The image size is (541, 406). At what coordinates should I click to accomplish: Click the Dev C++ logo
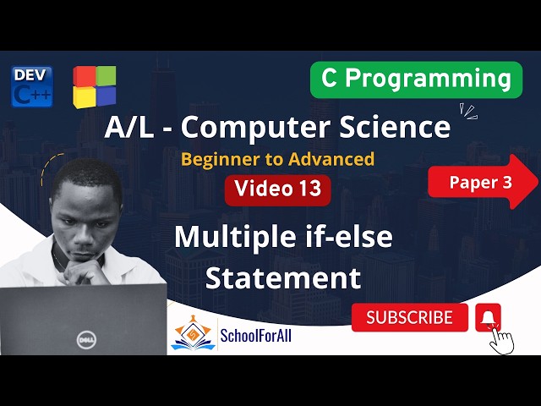click(x=32, y=86)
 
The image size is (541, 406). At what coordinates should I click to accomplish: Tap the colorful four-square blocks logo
click(x=94, y=86)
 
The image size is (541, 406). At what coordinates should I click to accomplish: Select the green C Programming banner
click(x=416, y=79)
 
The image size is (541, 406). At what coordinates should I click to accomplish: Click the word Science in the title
click(x=397, y=127)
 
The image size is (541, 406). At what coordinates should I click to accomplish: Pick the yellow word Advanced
click(x=334, y=158)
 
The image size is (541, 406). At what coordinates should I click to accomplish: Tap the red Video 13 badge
click(x=277, y=189)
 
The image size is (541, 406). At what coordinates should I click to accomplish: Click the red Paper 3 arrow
click(x=483, y=182)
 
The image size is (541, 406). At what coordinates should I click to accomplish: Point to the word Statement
click(x=283, y=277)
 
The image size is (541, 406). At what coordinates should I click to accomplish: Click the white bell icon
click(x=488, y=316)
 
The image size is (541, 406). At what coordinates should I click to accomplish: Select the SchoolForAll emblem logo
click(x=193, y=332)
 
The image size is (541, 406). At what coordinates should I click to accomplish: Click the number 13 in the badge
click(x=309, y=189)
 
